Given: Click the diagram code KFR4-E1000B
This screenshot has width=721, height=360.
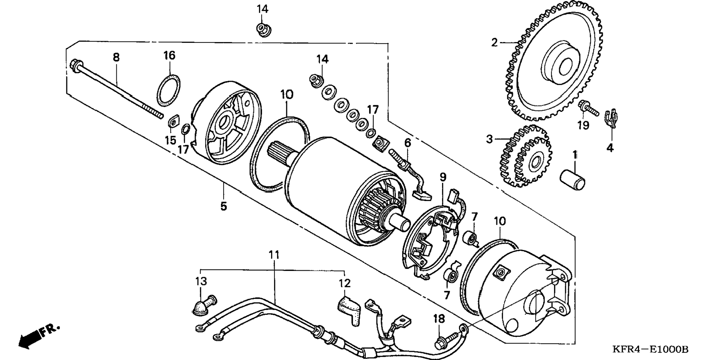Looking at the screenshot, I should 650,350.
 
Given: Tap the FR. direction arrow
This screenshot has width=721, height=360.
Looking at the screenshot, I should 37,336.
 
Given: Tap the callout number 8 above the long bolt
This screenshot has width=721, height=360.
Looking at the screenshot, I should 116,57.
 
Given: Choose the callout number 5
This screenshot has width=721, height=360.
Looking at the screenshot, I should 223,206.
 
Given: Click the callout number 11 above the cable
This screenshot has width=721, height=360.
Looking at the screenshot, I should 274,255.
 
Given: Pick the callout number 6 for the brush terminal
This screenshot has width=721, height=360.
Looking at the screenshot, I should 407,143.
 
